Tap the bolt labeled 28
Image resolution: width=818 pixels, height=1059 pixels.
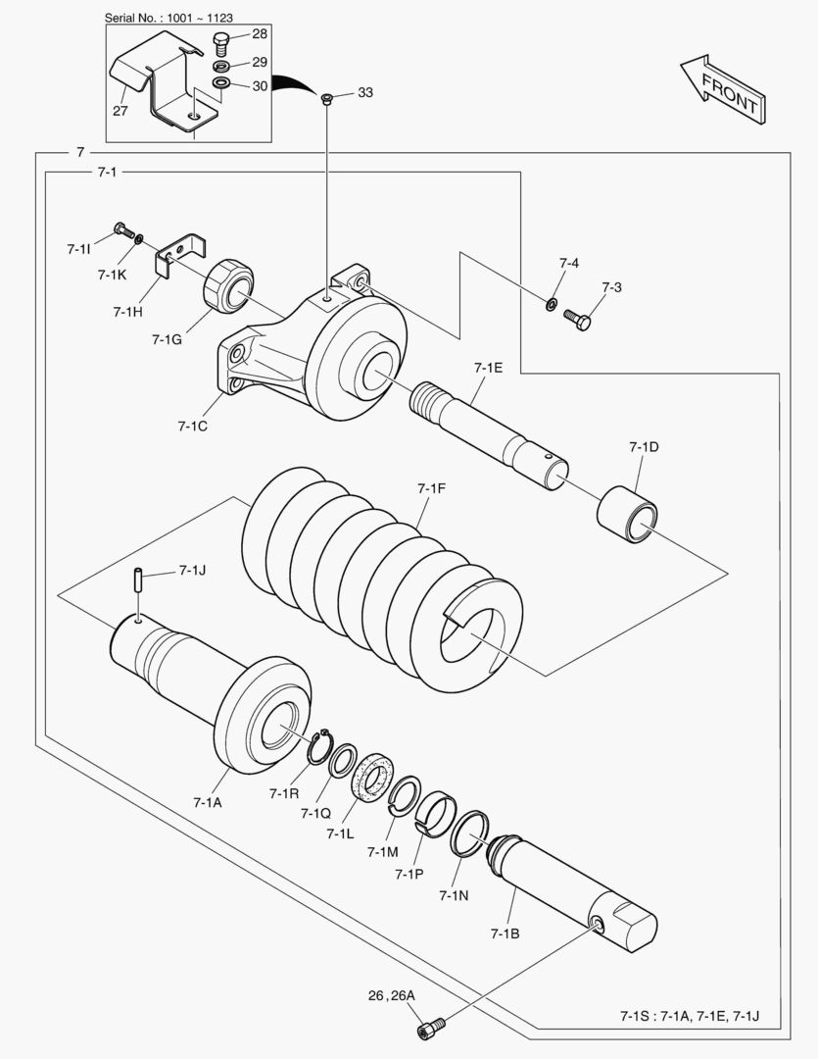(221, 43)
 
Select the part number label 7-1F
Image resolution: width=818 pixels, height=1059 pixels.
(431, 488)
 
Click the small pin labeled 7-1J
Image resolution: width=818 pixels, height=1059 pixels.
(138, 580)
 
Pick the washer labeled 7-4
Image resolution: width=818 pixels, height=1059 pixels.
(551, 304)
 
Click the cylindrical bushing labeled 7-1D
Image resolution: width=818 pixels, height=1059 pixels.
(627, 514)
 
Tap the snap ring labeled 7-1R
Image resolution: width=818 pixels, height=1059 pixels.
(319, 747)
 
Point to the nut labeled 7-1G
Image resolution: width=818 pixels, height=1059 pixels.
(228, 286)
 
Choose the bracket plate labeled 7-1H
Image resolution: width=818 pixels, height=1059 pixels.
(179, 254)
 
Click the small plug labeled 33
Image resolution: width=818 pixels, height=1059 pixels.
(327, 99)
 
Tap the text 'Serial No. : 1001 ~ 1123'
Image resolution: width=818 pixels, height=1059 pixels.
(168, 18)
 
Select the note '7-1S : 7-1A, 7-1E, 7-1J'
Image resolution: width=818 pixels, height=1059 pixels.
(690, 1016)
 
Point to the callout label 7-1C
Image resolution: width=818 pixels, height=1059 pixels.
(192, 427)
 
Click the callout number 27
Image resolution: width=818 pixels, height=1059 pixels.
(120, 110)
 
